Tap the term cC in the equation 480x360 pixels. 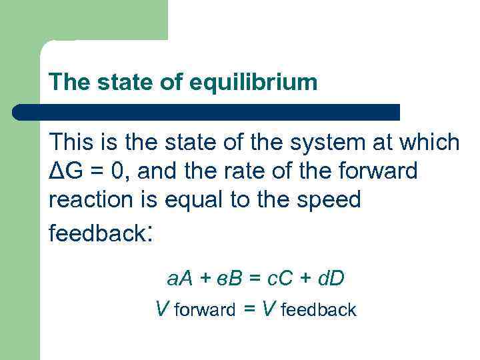click(x=277, y=277)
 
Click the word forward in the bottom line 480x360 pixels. click(x=204, y=310)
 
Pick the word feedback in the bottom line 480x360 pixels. click(x=319, y=310)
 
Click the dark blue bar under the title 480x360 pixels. click(x=207, y=112)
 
